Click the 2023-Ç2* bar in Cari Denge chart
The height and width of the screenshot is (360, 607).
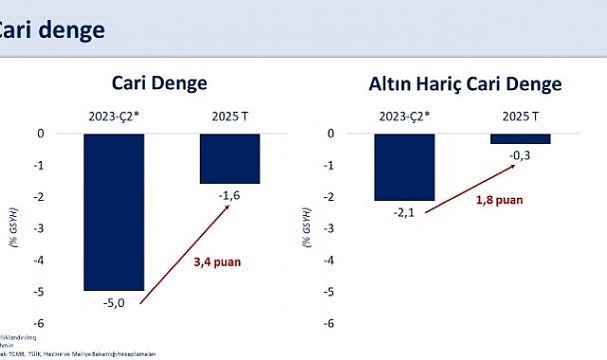coord(114,211)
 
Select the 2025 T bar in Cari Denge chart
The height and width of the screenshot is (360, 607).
coord(231,158)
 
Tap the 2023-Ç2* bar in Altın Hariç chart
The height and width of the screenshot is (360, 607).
coord(405,167)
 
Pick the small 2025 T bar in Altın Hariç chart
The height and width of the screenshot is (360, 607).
coord(521,138)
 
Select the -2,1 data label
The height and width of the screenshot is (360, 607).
coord(405,212)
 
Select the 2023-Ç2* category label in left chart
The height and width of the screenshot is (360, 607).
coord(113,117)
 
